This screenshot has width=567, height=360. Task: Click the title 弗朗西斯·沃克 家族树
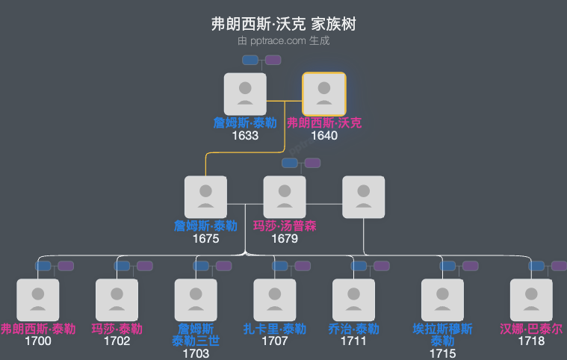pyautogui.click(x=283, y=24)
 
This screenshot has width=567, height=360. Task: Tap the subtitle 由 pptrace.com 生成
pyautogui.click(x=283, y=41)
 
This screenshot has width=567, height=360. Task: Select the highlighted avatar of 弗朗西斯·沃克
pyautogui.click(x=323, y=94)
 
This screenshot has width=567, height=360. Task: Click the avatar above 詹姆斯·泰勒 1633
pyautogui.click(x=245, y=94)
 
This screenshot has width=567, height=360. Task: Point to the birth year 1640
pyautogui.click(x=324, y=136)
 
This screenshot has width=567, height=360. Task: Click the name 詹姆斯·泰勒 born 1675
pyautogui.click(x=205, y=226)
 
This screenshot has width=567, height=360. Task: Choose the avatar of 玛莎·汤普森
pyautogui.click(x=285, y=197)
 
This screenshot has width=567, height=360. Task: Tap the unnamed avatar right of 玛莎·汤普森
pyautogui.click(x=363, y=197)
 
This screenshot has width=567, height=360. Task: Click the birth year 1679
pyautogui.click(x=285, y=239)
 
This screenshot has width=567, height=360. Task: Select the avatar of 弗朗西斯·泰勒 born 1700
pyautogui.click(x=37, y=300)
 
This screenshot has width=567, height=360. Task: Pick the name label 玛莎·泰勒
pyautogui.click(x=117, y=329)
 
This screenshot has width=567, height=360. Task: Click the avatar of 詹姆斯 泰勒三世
pyautogui.click(x=196, y=300)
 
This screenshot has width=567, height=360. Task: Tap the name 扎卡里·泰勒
pyautogui.click(x=274, y=329)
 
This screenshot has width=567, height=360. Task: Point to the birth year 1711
pyautogui.click(x=353, y=341)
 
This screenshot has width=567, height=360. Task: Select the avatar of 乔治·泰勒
pyautogui.click(x=353, y=300)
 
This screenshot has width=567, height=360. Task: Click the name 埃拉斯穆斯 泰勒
pyautogui.click(x=442, y=335)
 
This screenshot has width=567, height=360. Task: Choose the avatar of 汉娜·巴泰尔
pyautogui.click(x=531, y=300)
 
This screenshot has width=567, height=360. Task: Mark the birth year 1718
pyautogui.click(x=531, y=341)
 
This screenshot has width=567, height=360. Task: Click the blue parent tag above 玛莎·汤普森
pyautogui.click(x=289, y=163)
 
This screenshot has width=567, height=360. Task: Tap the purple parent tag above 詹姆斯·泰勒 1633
pyautogui.click(x=273, y=60)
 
